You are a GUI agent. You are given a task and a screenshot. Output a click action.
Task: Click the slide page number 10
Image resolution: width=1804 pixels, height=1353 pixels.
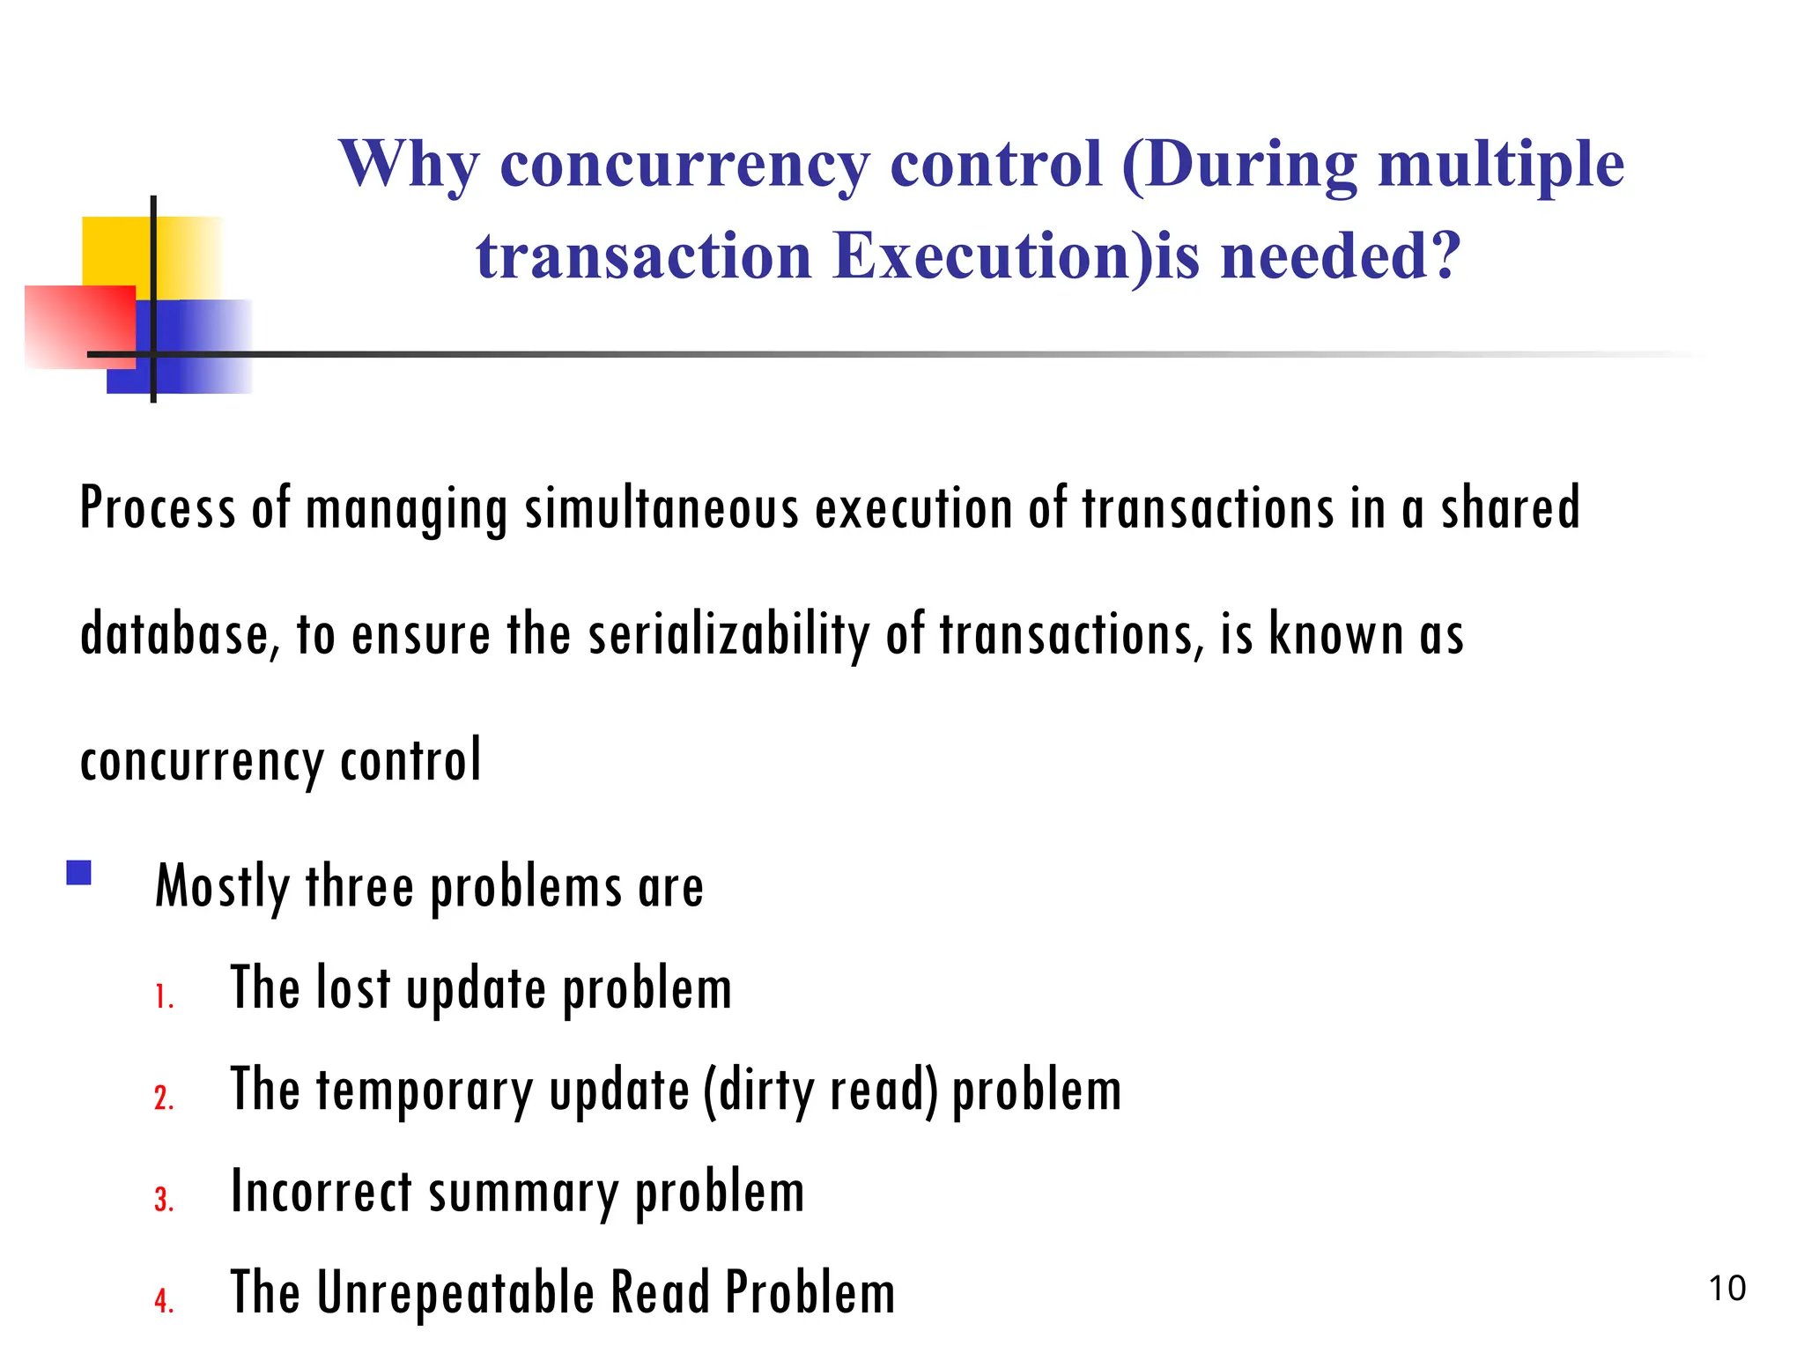pos(1726,1289)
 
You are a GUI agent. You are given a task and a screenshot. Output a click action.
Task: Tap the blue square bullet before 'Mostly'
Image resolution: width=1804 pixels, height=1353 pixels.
pos(79,873)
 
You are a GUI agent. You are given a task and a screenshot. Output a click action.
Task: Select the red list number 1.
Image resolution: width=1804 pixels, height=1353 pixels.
pos(164,997)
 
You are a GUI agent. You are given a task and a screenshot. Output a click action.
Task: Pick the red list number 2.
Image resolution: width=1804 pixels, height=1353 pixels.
pos(164,1098)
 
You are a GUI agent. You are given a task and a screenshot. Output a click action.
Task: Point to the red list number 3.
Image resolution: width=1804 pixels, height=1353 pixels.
pos(164,1200)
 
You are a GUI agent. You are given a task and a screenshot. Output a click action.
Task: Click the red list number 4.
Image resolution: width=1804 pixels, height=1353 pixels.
pos(164,1301)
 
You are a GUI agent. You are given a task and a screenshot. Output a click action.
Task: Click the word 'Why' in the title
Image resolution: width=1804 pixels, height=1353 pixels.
pos(410,166)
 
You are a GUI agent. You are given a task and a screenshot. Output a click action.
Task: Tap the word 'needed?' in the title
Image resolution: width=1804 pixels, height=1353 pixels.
pos(1341,256)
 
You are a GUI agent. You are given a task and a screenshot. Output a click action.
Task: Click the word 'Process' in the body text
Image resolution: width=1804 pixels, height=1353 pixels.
pos(158,509)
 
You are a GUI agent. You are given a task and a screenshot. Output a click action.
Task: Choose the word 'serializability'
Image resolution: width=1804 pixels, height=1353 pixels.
pos(728,634)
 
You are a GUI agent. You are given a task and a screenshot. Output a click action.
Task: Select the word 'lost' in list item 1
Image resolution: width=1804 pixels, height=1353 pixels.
pos(353,987)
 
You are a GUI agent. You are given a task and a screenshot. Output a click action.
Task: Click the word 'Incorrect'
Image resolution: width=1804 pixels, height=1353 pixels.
pos(322,1191)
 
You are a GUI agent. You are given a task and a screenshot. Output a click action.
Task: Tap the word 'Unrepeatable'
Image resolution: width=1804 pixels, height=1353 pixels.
pos(455,1292)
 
